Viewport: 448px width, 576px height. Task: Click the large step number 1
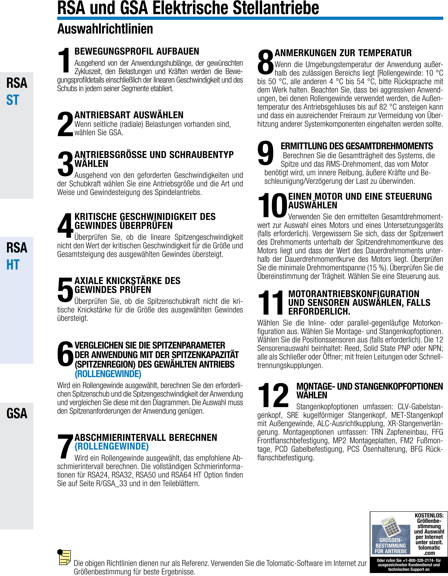tap(64, 60)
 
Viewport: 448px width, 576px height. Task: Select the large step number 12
tap(273, 395)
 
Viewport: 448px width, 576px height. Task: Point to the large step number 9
tap(266, 153)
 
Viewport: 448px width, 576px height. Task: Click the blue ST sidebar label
tap(13, 100)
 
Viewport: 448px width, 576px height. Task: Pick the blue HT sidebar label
tap(13, 265)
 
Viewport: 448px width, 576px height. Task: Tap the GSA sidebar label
tap(17, 413)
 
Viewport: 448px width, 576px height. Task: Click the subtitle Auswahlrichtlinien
tap(105, 29)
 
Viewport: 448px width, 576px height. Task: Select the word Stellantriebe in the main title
tap(276, 8)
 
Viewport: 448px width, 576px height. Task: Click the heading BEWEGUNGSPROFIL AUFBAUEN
tap(137, 51)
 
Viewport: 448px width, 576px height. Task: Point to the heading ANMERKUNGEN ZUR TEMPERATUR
tap(343, 53)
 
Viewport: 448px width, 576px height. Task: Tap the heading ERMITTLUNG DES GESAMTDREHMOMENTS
tap(357, 146)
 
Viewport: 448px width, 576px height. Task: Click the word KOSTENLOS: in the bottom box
tap(429, 515)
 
